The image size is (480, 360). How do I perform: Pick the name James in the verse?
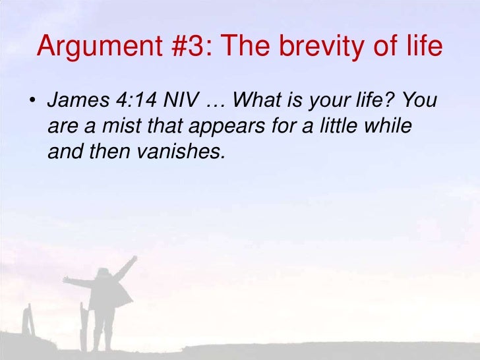[73, 101]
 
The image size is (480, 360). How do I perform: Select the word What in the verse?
[255, 101]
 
